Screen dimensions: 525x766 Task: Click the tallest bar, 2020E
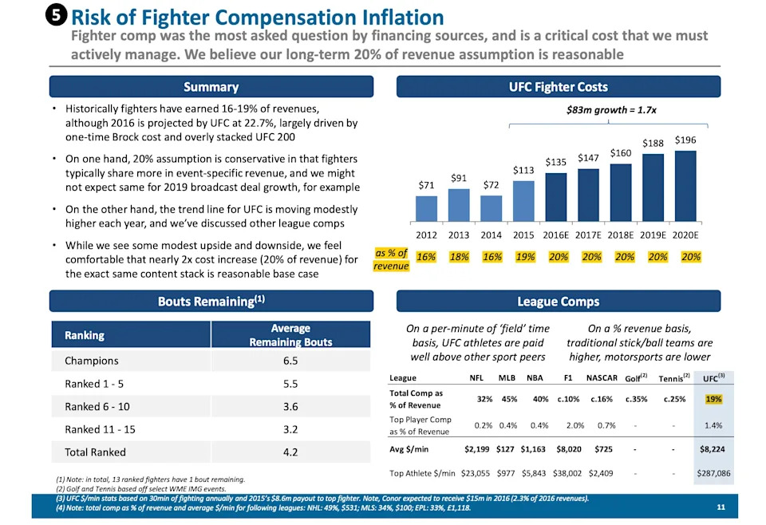(x=685, y=186)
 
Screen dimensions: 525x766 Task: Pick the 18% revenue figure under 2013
(x=459, y=257)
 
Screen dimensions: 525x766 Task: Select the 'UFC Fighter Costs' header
(x=558, y=87)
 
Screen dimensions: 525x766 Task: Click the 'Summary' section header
(x=211, y=87)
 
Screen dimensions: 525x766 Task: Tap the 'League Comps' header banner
(x=558, y=301)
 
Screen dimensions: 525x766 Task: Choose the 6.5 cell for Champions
(x=290, y=361)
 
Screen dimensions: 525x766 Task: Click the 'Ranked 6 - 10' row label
(x=98, y=406)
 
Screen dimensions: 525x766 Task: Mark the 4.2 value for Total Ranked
(x=290, y=452)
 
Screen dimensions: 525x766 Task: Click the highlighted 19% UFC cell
(x=713, y=399)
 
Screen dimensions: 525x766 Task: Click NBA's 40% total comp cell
(x=540, y=399)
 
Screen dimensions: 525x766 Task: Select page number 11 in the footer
(x=721, y=507)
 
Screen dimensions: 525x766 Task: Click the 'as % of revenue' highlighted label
(x=391, y=259)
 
